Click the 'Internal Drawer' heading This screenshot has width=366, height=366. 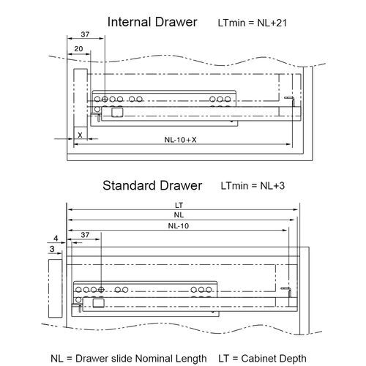[x=152, y=23]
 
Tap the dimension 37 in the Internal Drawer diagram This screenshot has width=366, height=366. [x=84, y=35]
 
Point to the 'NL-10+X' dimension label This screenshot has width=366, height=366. [x=180, y=139]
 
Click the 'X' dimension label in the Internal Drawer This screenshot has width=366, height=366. [x=79, y=136]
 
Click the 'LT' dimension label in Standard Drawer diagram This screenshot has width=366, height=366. [x=179, y=204]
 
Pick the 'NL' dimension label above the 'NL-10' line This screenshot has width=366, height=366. [x=178, y=215]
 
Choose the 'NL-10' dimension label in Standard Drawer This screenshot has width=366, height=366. [x=178, y=226]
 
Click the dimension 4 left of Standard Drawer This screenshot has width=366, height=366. [x=56, y=238]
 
